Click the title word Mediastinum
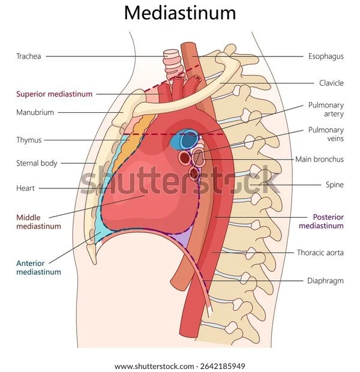(x=180, y=13)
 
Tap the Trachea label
(x=29, y=56)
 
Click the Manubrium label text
(x=35, y=112)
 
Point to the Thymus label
(x=29, y=140)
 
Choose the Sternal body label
(x=36, y=163)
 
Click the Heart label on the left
(x=25, y=188)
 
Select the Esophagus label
(x=326, y=56)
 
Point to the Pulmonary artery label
(x=326, y=110)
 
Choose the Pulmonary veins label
(x=326, y=135)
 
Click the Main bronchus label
(x=319, y=159)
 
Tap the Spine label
(x=335, y=185)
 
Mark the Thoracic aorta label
(x=320, y=253)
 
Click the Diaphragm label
(x=325, y=280)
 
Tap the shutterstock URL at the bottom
(x=180, y=366)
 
